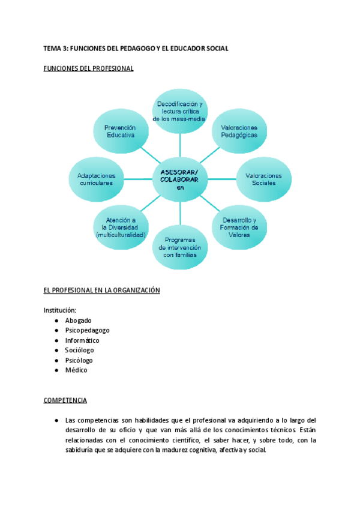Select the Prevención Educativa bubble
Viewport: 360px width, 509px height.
pos(120,131)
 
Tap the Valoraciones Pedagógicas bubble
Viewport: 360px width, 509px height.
pos(239,131)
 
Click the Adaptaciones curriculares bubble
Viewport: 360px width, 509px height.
pos(96,178)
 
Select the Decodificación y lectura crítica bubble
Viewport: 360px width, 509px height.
pos(179,111)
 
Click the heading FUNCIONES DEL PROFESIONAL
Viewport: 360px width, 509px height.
pos(88,68)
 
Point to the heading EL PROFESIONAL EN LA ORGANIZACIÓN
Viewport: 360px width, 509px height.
pos(101,291)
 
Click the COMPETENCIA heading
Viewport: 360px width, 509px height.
pos(65,400)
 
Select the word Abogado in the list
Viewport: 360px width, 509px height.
pos(78,321)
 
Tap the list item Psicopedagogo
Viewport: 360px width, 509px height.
pos(87,330)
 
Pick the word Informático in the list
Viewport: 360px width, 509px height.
pos(82,340)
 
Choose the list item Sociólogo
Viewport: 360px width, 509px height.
pos(79,350)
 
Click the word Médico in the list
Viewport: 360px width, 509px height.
pos(76,370)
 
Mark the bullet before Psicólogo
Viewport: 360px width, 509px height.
pos(55,360)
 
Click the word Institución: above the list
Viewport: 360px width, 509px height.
pos(60,310)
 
